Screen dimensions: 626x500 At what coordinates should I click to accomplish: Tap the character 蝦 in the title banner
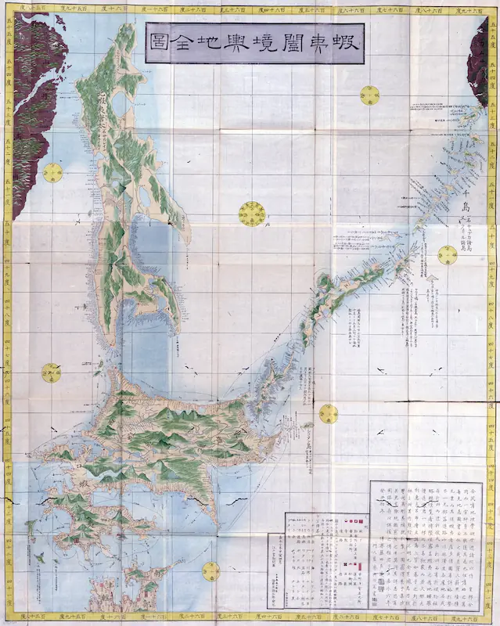click(344, 42)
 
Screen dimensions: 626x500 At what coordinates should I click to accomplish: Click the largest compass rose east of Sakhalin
click(253, 212)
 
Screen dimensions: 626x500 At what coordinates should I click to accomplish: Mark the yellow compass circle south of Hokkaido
click(210, 571)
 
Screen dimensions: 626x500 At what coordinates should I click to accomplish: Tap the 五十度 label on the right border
click(492, 208)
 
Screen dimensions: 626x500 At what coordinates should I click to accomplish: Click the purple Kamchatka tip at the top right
click(478, 63)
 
